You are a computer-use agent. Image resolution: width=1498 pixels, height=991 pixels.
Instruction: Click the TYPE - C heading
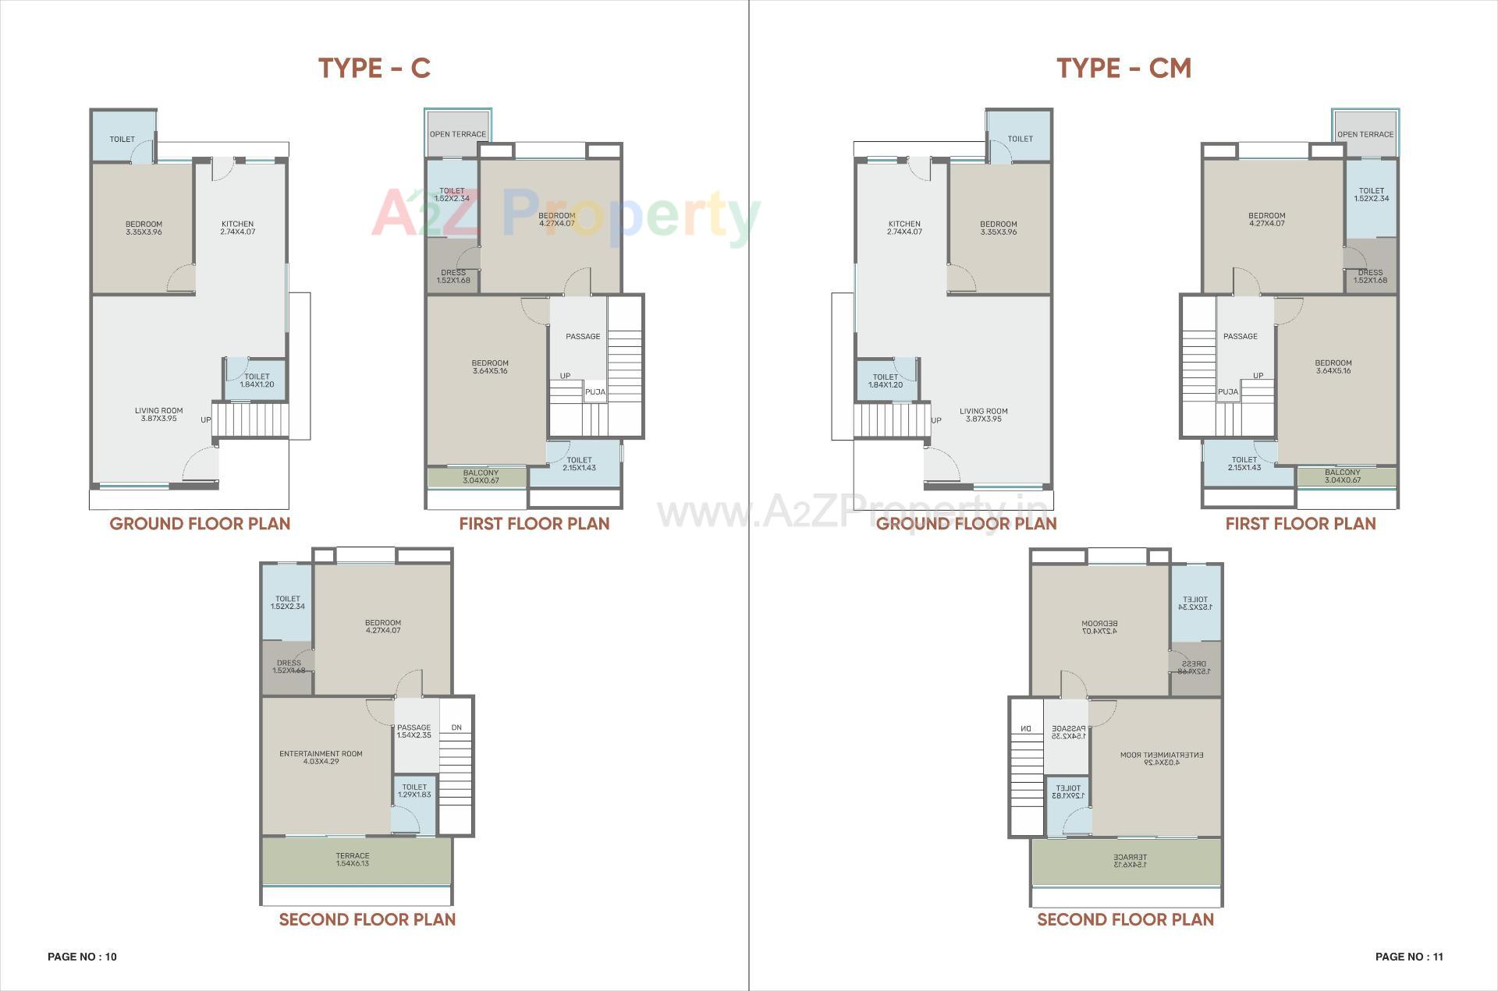tap(374, 69)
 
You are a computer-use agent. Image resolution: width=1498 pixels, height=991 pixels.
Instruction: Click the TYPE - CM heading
tap(1123, 69)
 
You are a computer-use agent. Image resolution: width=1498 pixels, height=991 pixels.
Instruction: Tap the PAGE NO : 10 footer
tap(82, 957)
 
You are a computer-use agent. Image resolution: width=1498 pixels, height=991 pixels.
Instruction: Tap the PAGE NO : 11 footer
tap(1409, 957)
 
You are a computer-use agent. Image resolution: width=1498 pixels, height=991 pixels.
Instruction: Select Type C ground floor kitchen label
tap(237, 228)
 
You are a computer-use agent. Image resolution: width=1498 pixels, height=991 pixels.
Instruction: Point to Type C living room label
tap(158, 414)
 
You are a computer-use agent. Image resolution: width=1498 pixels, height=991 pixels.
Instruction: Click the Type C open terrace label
tap(458, 134)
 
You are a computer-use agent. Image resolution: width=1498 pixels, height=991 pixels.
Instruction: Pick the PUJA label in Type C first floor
tap(595, 392)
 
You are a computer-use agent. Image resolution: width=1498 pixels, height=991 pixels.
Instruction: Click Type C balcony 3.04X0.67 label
tap(481, 476)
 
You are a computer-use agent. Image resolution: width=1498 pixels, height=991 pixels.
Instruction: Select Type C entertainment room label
tap(321, 757)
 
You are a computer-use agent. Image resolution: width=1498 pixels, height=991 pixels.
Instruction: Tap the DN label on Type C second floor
tap(456, 727)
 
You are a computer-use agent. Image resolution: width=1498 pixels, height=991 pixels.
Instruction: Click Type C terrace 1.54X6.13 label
tap(353, 859)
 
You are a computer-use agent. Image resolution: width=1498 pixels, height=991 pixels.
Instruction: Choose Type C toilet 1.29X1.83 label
tap(414, 791)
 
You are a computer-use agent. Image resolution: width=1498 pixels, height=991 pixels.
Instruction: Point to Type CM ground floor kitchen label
tap(904, 228)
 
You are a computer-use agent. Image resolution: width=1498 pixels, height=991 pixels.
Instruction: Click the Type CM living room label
tap(983, 415)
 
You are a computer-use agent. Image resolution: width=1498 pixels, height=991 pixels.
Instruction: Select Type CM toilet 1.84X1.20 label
tap(886, 380)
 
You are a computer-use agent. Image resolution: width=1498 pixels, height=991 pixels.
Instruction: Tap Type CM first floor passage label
tap(1241, 336)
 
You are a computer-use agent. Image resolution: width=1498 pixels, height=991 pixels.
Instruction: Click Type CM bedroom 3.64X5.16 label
tap(1333, 366)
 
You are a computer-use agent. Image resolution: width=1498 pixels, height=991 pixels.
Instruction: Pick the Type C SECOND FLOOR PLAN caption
tap(367, 919)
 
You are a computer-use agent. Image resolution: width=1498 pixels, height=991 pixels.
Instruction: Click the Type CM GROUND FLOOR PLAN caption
tap(966, 523)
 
